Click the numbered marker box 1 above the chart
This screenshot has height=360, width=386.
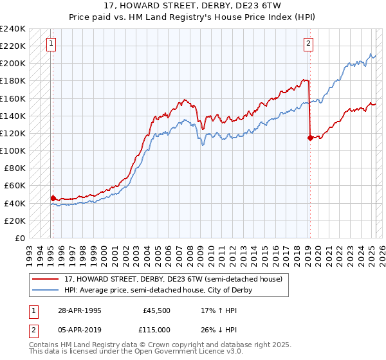(x=51, y=44)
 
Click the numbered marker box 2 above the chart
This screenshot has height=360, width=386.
(x=309, y=44)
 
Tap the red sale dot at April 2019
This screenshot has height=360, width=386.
(x=310, y=137)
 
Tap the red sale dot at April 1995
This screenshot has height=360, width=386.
(x=53, y=198)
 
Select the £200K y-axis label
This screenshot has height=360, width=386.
(x=13, y=64)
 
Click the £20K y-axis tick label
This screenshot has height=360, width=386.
(x=15, y=221)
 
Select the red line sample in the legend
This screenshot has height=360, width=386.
(x=46, y=279)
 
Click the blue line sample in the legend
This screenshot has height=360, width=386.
(x=46, y=290)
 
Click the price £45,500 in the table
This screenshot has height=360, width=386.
(x=157, y=310)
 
